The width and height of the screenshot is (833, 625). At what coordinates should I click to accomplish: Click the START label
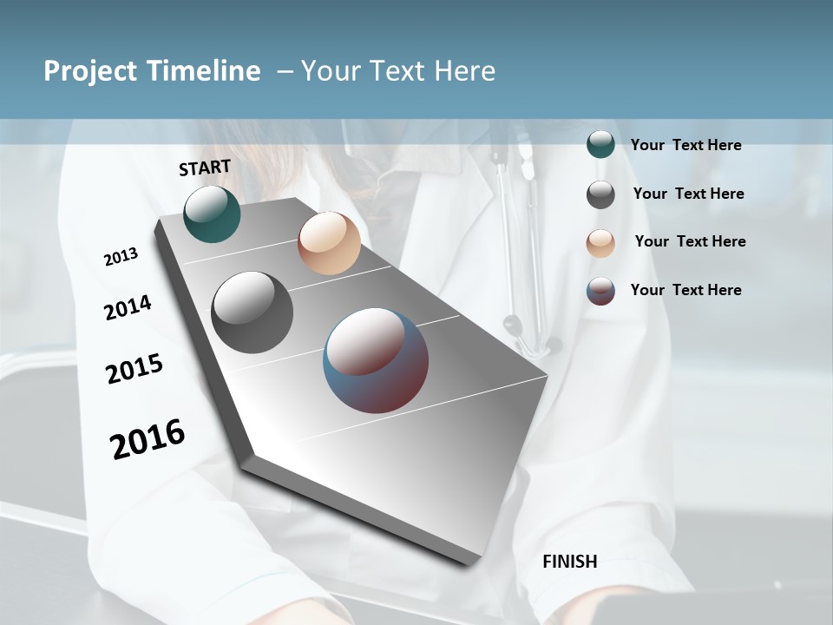[x=205, y=168]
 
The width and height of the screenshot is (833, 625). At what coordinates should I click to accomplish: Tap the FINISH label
[x=570, y=562]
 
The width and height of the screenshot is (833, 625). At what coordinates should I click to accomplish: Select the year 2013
[x=121, y=257]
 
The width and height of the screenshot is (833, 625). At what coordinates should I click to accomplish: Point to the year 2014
[x=128, y=308]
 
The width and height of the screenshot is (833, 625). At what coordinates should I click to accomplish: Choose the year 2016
[x=148, y=439]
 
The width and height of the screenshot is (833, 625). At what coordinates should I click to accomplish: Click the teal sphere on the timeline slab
[x=212, y=214]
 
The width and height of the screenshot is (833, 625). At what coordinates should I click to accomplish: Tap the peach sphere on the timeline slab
[x=329, y=243]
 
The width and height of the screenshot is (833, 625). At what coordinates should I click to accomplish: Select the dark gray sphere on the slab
[x=252, y=312]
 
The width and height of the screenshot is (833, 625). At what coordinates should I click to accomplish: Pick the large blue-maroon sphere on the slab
[x=376, y=360]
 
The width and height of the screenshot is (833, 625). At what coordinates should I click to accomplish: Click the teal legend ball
[x=600, y=145]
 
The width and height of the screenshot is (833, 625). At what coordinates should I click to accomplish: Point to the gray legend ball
[x=600, y=194]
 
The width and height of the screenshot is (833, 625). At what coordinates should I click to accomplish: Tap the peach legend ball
[x=600, y=243]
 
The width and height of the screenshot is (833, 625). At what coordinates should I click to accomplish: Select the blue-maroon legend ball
[x=600, y=291]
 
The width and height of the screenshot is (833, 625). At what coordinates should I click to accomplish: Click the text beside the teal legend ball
[x=686, y=145]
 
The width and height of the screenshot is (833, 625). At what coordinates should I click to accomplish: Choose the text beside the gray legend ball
[x=689, y=194]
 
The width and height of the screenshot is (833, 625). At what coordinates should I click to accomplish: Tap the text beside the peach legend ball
[x=691, y=241]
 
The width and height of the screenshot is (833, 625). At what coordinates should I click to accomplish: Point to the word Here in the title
[x=464, y=71]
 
